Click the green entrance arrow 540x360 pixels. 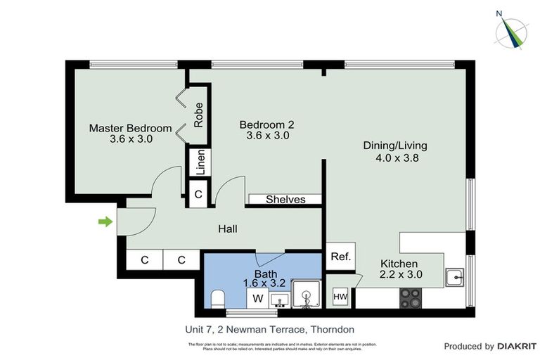tap(105, 222)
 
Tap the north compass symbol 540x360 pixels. tap(513, 30)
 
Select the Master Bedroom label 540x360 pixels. tap(130, 128)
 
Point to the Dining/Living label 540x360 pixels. tap(394, 146)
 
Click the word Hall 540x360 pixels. tap(227, 229)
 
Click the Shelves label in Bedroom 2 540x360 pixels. tap(285, 200)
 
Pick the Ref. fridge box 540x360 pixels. tap(340, 257)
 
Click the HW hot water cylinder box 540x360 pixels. tap(341, 297)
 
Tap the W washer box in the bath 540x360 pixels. tap(257, 299)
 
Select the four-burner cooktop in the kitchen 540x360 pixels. tap(411, 299)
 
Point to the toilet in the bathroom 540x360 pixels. tap(217, 298)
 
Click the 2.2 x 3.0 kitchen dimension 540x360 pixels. tap(401, 275)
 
